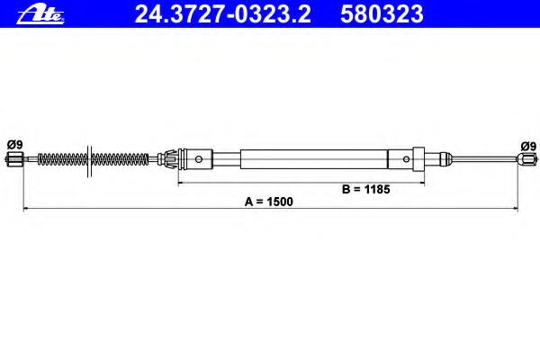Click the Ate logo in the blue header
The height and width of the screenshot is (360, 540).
point(40,14)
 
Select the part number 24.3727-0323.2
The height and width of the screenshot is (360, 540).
point(223,14)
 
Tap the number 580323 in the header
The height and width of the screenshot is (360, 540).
point(382,14)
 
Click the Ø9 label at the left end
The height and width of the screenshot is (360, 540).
point(14,145)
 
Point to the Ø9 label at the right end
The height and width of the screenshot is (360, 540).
point(528,146)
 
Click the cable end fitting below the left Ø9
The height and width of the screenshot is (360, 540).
point(13,159)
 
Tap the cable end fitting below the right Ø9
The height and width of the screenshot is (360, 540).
point(526,158)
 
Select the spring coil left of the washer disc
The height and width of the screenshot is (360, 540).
point(62,159)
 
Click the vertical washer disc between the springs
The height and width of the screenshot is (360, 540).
point(89,161)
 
